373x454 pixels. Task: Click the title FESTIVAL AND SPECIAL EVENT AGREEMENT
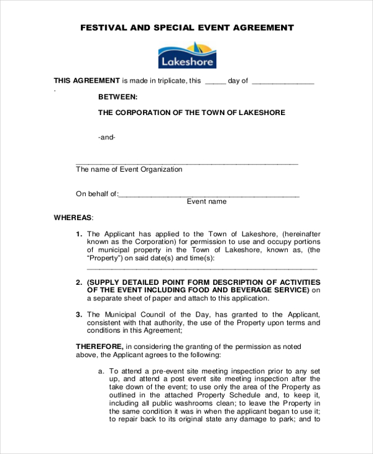click(x=186, y=27)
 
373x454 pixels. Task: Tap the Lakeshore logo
click(x=187, y=55)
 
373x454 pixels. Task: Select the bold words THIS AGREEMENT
click(x=86, y=80)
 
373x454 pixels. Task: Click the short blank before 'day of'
click(x=215, y=82)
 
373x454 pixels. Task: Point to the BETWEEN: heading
click(x=118, y=97)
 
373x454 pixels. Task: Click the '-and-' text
click(x=107, y=137)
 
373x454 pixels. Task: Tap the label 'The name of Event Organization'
click(x=129, y=169)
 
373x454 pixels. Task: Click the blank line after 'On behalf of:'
click(x=209, y=195)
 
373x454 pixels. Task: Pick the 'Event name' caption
click(x=207, y=202)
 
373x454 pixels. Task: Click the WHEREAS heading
click(x=73, y=218)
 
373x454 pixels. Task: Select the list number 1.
click(x=79, y=234)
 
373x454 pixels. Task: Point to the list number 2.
click(x=79, y=282)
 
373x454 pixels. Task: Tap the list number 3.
click(x=79, y=315)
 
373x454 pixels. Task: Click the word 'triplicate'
click(x=170, y=80)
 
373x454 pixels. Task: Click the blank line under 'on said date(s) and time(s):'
click(x=201, y=268)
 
